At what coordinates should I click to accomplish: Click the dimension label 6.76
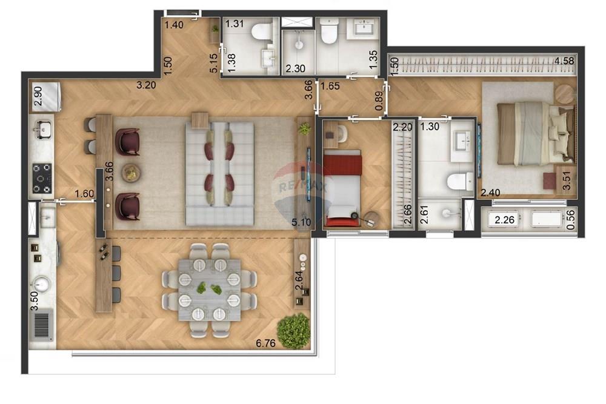pyautogui.click(x=265, y=343)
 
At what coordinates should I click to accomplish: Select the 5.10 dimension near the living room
pyautogui.click(x=301, y=222)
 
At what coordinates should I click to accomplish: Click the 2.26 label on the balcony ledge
pyautogui.click(x=505, y=220)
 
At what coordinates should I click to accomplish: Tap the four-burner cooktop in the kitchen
pyautogui.click(x=42, y=178)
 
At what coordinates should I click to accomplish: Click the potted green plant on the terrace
pyautogui.click(x=294, y=331)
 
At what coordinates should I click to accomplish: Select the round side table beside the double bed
pyautogui.click(x=564, y=94)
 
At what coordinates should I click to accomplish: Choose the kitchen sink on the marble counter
pyautogui.click(x=42, y=130)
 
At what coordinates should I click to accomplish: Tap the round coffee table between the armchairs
pyautogui.click(x=130, y=173)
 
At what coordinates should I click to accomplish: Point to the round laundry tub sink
pyautogui.click(x=41, y=283)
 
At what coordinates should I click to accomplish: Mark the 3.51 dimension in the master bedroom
pyautogui.click(x=567, y=182)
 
